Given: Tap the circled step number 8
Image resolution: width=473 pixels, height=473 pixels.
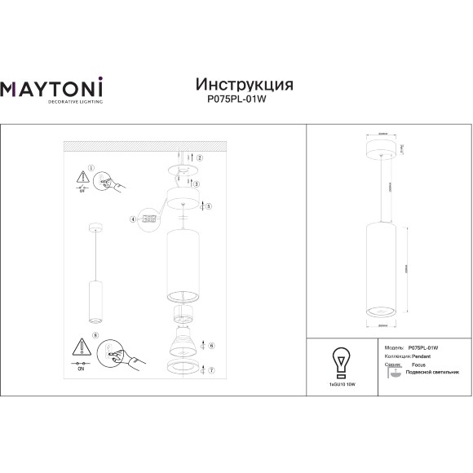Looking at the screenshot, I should click(x=95, y=334).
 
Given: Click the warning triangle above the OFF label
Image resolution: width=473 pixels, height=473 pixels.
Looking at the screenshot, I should click(x=82, y=177).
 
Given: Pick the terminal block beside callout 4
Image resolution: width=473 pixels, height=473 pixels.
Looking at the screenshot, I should click(x=148, y=219).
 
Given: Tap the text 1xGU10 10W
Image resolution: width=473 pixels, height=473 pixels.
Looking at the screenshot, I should click(x=340, y=382).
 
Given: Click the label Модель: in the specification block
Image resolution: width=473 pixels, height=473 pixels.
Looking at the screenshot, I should click(x=394, y=347).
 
